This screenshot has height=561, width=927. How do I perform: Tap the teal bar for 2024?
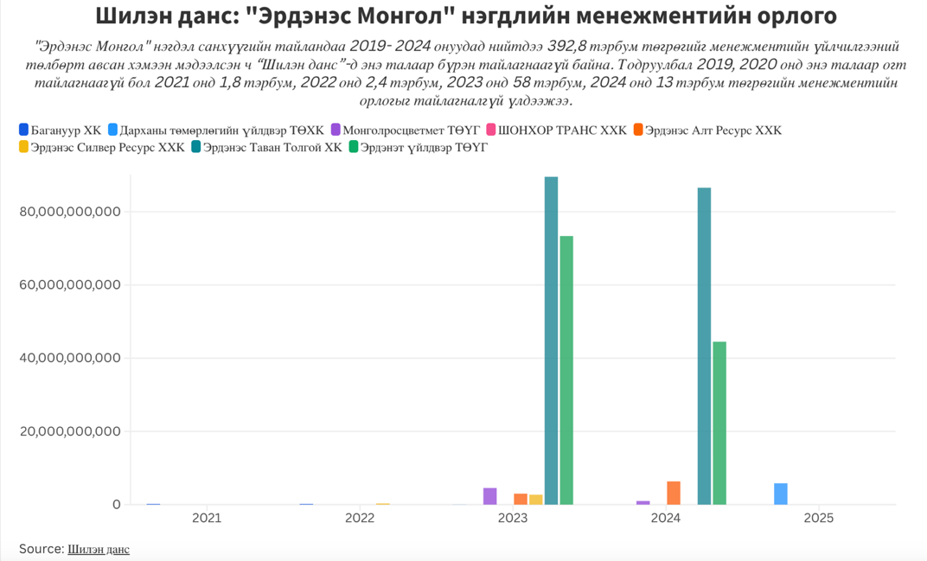tap(704, 346)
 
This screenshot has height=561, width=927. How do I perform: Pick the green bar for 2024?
tap(719, 423)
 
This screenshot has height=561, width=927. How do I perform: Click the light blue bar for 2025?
tap(781, 494)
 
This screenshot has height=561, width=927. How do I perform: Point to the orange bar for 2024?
tap(674, 493)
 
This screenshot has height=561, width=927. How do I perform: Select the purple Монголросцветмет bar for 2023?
tap(490, 496)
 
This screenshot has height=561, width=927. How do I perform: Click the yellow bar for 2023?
tap(536, 500)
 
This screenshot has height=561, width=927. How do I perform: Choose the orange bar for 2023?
tap(521, 499)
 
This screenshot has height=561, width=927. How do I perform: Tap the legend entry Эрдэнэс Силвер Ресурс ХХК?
tap(102, 148)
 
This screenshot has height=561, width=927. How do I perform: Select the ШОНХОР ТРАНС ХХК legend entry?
tap(556, 131)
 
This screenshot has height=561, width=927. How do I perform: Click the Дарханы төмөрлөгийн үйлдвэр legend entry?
tap(216, 131)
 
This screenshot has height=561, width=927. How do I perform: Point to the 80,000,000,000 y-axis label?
tap(69, 212)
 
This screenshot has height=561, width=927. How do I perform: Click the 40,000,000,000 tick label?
tap(69, 358)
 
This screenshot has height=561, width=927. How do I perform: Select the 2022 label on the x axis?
tap(360, 519)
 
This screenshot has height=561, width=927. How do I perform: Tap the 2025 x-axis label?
tap(819, 519)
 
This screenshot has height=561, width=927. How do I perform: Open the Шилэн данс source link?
tap(99, 549)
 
